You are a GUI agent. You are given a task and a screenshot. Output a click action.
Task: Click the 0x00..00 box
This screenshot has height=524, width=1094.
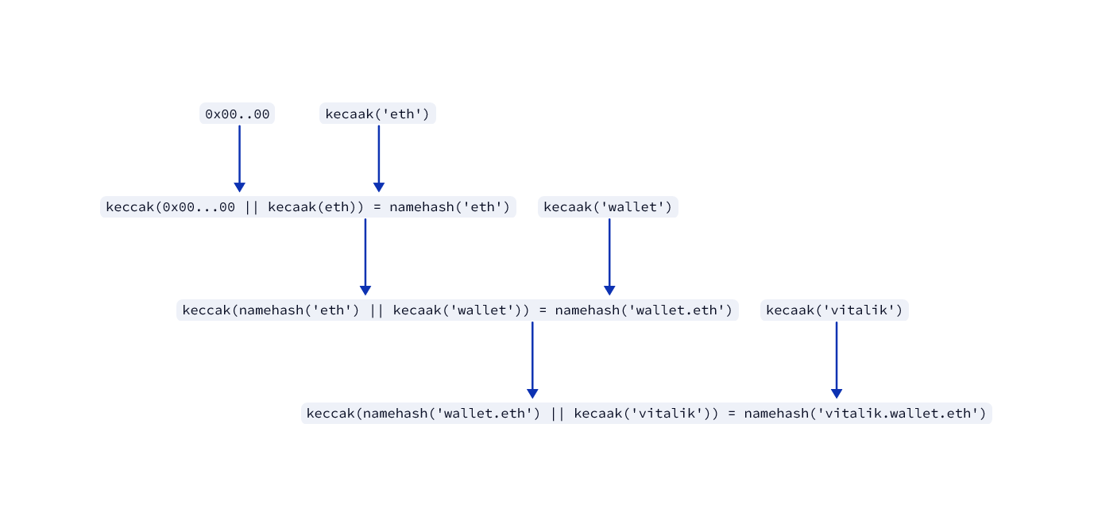pos(237,114)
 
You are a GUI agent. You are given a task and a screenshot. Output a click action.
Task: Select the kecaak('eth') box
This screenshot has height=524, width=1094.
pos(377,114)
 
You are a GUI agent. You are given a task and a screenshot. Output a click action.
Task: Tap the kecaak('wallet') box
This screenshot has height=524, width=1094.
pos(608,207)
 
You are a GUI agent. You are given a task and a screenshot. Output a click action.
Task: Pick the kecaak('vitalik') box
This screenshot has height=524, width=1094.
pos(834,310)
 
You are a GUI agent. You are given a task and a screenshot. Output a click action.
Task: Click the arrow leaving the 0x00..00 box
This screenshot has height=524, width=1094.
pos(239,158)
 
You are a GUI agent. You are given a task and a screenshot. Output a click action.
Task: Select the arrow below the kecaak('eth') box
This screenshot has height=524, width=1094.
pos(379,158)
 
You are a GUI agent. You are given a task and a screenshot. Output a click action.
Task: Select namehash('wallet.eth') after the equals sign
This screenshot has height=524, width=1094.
pos(644,310)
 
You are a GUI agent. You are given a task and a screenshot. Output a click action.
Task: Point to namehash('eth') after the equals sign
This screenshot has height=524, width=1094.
pos(450,207)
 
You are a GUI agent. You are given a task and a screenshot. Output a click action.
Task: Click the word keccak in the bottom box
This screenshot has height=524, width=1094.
pos(331,414)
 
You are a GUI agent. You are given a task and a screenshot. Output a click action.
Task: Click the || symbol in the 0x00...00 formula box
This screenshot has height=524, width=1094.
pos(252,207)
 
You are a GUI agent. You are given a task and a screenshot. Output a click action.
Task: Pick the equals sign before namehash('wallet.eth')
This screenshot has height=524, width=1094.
pos(543,310)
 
